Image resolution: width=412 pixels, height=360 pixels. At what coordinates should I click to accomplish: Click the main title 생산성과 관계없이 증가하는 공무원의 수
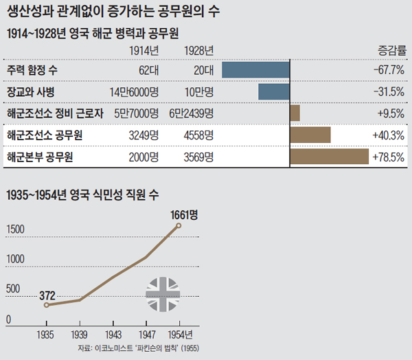(113, 12)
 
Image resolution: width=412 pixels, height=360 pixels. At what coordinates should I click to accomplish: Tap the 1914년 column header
(144, 50)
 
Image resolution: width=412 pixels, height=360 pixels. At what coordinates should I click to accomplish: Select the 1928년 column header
(200, 50)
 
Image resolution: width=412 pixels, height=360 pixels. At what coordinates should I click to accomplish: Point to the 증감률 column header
(391, 50)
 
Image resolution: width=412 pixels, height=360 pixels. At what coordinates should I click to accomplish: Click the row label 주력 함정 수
(32, 70)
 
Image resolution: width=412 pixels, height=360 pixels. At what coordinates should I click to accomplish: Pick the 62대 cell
(148, 70)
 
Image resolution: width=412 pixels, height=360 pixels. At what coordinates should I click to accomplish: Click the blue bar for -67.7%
(255, 70)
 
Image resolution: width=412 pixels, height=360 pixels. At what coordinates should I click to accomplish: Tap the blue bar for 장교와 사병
(274, 91)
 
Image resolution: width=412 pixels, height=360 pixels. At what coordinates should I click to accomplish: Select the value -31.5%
(388, 91)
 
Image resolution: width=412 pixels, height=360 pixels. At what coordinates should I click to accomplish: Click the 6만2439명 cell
(190, 113)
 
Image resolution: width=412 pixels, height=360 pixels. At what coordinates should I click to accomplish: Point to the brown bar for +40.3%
(310, 135)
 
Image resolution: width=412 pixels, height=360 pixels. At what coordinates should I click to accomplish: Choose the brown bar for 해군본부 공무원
(330, 157)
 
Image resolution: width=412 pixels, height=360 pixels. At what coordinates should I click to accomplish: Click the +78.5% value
(388, 157)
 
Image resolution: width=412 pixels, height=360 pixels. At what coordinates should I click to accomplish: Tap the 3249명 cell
(144, 135)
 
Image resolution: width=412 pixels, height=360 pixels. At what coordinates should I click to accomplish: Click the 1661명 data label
(184, 214)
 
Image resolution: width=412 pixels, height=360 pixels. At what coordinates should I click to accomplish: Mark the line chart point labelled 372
(47, 304)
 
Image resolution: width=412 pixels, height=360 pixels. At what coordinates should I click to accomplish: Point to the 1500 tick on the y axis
(17, 229)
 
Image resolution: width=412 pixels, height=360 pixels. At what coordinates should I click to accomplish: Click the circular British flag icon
(163, 294)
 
